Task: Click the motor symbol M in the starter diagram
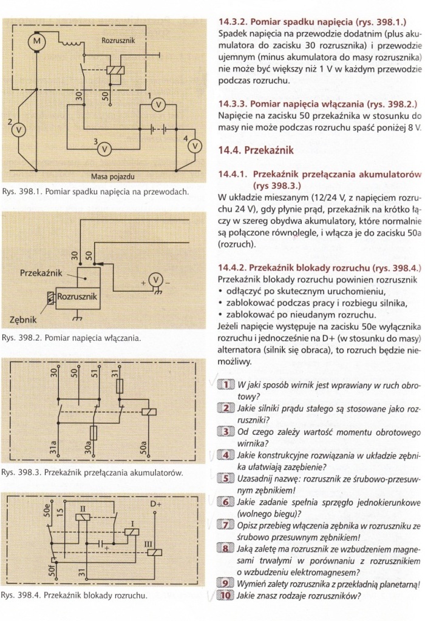coord(36,41)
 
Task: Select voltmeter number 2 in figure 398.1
coord(19,129)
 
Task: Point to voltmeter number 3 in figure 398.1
coord(104,148)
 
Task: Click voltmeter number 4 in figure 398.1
coord(194,146)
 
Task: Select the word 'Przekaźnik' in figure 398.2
coord(41,274)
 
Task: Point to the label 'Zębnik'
coord(24,319)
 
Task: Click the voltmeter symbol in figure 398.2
coord(156,279)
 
